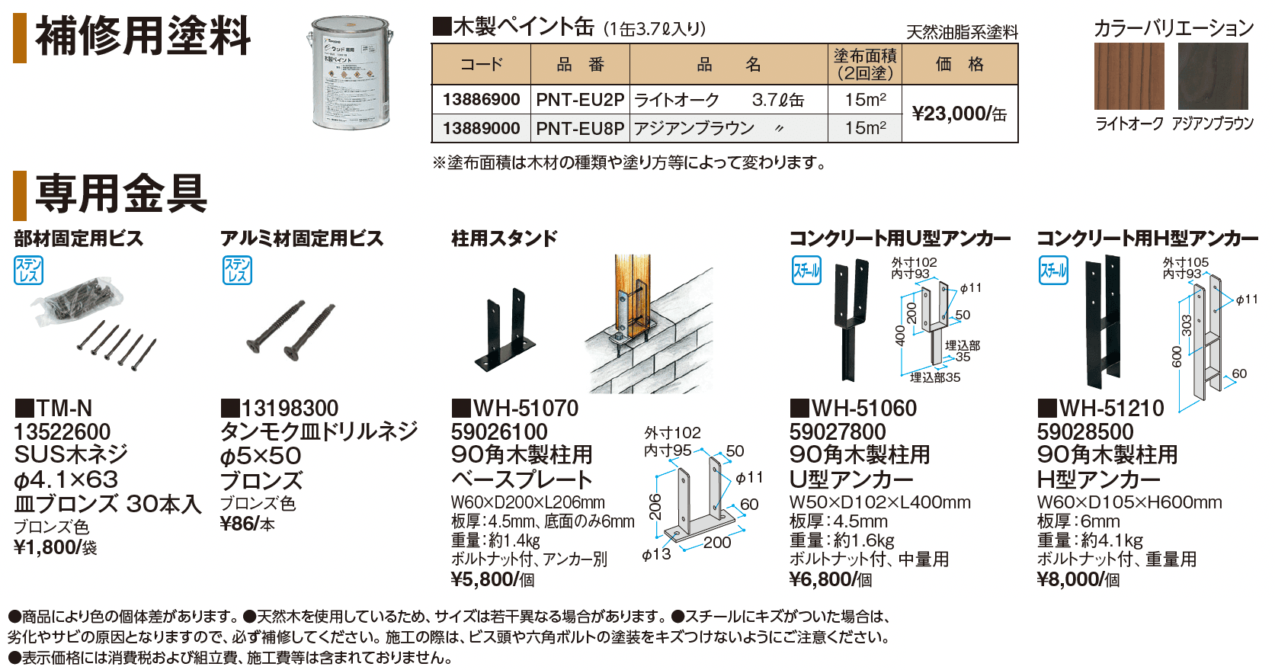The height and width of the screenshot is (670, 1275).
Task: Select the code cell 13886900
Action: click(x=481, y=100)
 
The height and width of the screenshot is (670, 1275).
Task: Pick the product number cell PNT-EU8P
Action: click(x=580, y=129)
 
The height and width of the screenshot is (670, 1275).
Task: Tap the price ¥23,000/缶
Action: click(x=959, y=114)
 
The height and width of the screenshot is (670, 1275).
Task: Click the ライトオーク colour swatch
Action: click(x=1129, y=76)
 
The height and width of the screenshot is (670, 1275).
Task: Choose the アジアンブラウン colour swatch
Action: click(x=1213, y=76)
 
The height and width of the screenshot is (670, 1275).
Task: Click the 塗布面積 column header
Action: click(x=865, y=64)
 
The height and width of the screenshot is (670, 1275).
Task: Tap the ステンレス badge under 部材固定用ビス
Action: click(x=28, y=271)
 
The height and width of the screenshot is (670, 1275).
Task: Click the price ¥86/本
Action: click(x=247, y=524)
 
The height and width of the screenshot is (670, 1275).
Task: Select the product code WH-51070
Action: click(x=525, y=409)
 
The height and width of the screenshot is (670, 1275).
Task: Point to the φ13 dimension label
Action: click(x=656, y=555)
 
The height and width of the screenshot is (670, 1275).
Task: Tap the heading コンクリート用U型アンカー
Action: click(x=899, y=239)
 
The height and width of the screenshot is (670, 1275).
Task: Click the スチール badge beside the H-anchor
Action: click(x=1054, y=271)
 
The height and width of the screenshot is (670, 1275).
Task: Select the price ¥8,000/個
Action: click(x=1078, y=580)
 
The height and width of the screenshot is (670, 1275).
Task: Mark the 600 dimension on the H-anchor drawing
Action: click(x=1177, y=357)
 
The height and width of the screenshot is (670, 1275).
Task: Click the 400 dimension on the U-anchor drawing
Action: click(x=900, y=335)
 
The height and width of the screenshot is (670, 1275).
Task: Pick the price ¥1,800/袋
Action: click(x=56, y=547)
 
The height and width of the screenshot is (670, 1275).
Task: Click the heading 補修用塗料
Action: click(x=143, y=37)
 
